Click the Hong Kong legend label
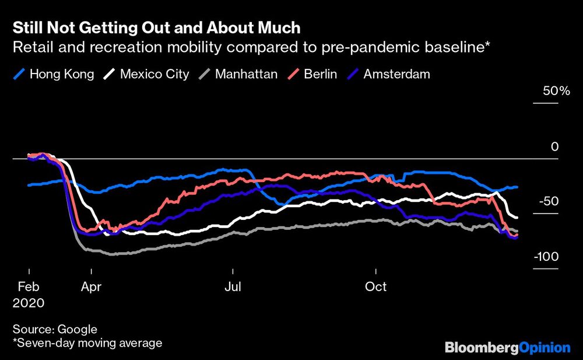pos(61,74)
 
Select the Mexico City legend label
pos(154,74)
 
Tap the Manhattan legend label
pos(245,74)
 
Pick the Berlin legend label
pos(320,74)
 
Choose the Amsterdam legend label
pos(396,74)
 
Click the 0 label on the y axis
pos(555,146)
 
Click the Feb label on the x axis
pos(29,287)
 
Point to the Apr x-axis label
pos(92,287)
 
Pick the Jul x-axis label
pos(233,287)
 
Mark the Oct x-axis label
pos(376,287)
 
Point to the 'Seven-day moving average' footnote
pos(87,343)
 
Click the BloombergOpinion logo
pos(507,348)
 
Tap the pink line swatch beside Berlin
pos(294,74)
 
